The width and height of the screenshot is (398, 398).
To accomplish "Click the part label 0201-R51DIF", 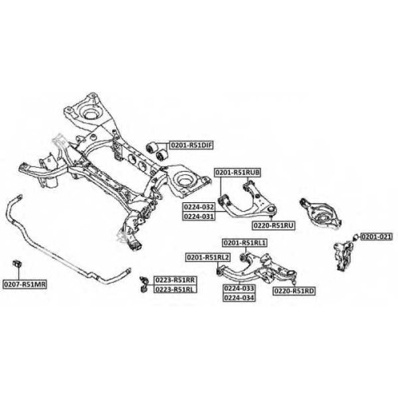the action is [x=191, y=145].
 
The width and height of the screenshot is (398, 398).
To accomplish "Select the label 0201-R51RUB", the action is [x=238, y=173].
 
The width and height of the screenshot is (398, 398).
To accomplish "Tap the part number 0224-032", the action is [x=199, y=207].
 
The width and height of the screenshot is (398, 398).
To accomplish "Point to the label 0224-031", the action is [x=199, y=217].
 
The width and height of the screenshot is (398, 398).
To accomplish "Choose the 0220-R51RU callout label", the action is [x=274, y=225].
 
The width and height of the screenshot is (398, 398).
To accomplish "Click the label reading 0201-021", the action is [x=377, y=236].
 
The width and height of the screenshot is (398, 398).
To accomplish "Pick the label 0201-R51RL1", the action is [x=244, y=243].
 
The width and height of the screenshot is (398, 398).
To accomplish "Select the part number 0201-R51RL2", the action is [x=209, y=257].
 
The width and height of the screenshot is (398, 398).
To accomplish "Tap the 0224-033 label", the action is [x=239, y=288].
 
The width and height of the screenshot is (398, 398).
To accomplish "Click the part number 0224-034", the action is [x=239, y=298].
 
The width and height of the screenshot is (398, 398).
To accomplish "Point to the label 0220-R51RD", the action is [x=295, y=291].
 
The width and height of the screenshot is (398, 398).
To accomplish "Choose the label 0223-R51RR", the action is [x=175, y=280].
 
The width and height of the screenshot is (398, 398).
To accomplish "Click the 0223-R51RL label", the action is [x=175, y=289].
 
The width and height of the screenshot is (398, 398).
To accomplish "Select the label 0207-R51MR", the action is [x=25, y=284].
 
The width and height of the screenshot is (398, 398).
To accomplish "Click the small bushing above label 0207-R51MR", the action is [x=18, y=263].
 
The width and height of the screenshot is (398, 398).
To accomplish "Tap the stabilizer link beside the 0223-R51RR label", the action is [x=144, y=284].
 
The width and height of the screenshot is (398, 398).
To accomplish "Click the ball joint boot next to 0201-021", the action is [x=356, y=236].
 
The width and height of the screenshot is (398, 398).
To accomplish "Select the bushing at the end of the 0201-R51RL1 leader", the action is [x=242, y=257].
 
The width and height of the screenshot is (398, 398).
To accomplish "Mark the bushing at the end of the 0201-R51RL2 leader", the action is [x=219, y=271].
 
